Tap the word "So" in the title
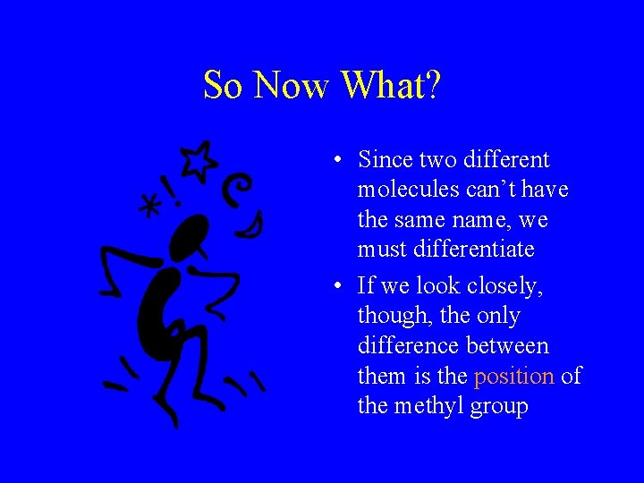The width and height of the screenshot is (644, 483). click(x=224, y=86)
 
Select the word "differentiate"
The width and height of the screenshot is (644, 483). click(x=458, y=249)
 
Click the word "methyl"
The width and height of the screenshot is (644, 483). click(x=428, y=406)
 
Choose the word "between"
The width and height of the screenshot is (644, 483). click(x=517, y=346)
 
